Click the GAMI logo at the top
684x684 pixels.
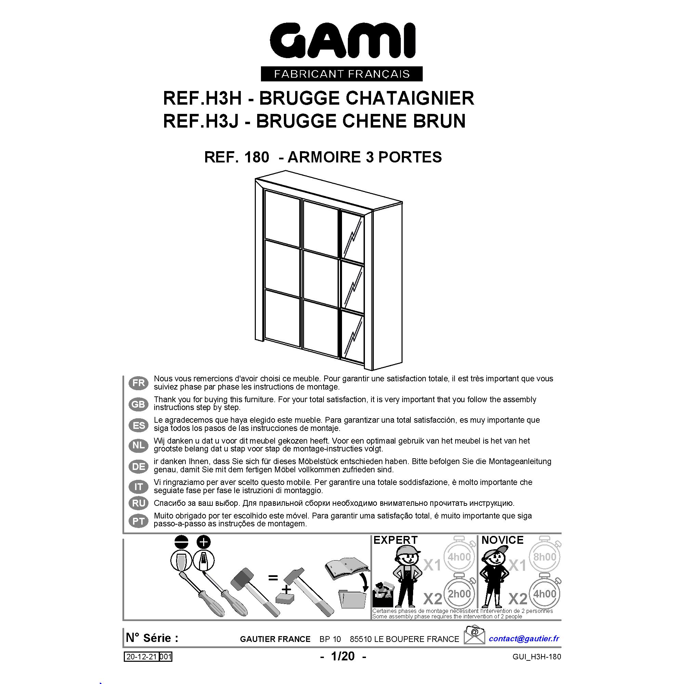click(x=342, y=41)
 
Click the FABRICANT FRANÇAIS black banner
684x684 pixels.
click(x=342, y=74)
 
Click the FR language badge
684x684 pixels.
click(x=139, y=383)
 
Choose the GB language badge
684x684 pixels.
click(x=139, y=404)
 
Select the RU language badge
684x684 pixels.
click(x=139, y=503)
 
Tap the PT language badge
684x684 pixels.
click(x=139, y=522)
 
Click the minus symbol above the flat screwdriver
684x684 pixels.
click(x=181, y=542)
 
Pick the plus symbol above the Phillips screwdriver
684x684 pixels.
click(x=203, y=542)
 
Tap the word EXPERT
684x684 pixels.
click(x=395, y=540)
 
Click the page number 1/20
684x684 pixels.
click(x=343, y=656)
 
